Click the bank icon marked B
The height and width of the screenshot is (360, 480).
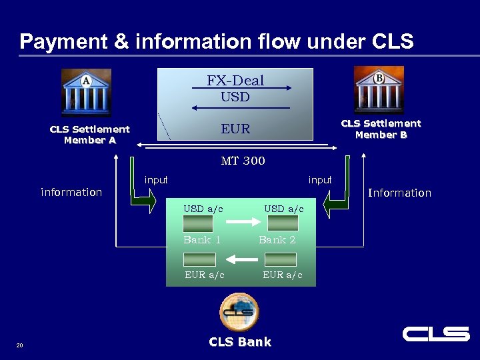(378, 89)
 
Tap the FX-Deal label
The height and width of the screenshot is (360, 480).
(235, 81)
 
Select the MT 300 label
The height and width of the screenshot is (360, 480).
(243, 161)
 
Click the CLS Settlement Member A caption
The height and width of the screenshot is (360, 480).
(89, 135)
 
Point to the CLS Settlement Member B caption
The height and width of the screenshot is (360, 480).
(381, 129)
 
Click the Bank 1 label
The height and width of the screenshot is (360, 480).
(202, 240)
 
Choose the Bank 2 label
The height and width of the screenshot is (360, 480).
(277, 240)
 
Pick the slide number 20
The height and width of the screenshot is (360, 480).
(19, 345)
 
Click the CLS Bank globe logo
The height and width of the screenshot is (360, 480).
(239, 311)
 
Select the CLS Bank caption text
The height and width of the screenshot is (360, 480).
(240, 342)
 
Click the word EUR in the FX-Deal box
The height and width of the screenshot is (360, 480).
(235, 129)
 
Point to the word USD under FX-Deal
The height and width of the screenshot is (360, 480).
(235, 97)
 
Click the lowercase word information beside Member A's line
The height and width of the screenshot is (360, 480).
(71, 192)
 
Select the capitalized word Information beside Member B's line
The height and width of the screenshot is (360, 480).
(399, 193)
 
